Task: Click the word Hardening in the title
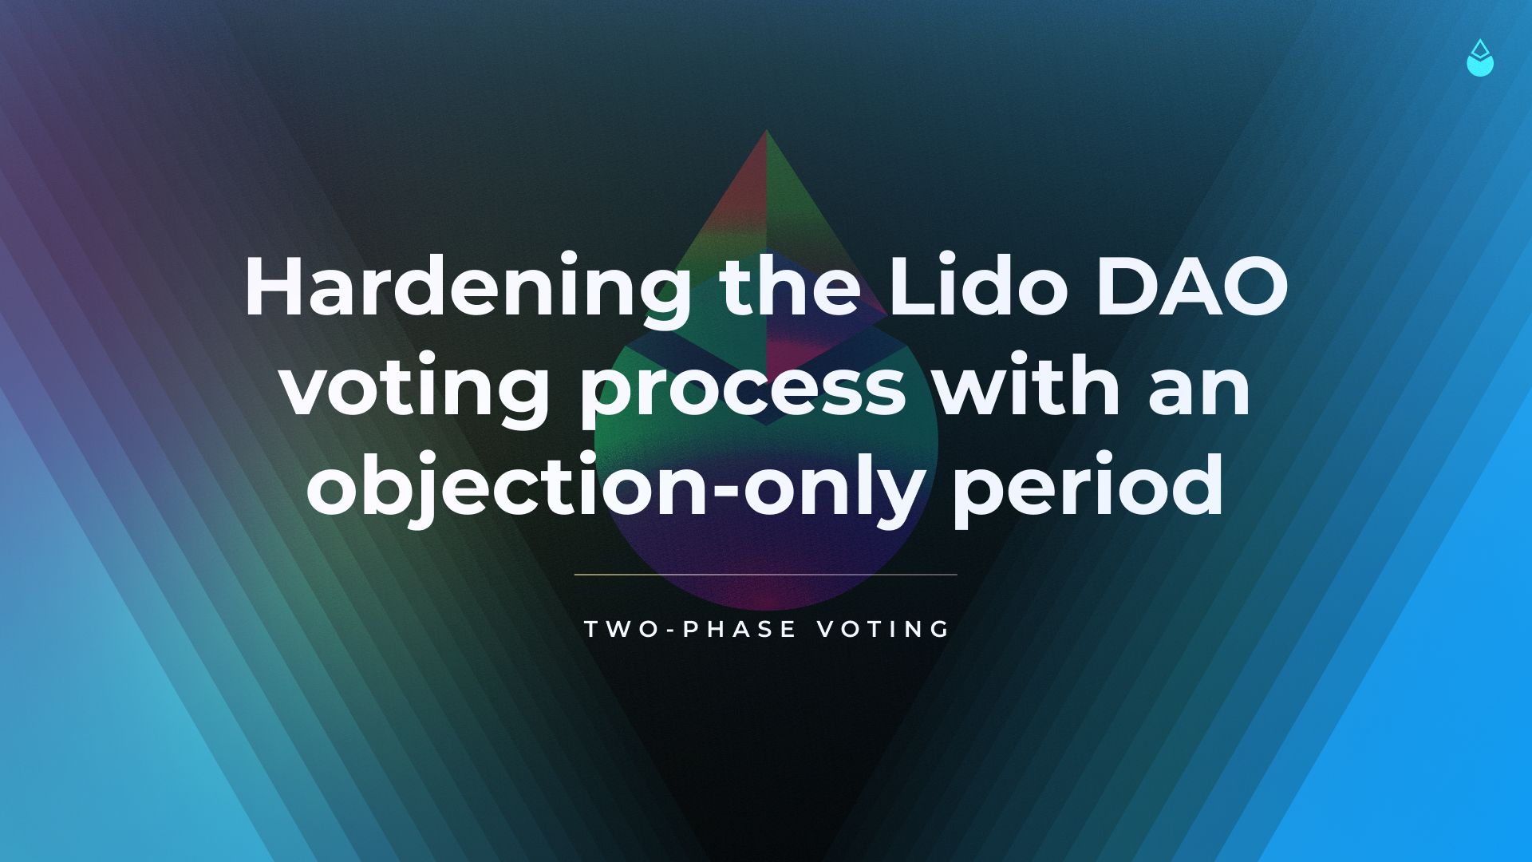point(468,289)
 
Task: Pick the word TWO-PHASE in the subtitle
point(691,629)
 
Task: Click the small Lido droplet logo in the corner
point(1480,58)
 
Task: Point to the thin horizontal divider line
point(766,574)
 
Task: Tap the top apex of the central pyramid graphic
point(767,131)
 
